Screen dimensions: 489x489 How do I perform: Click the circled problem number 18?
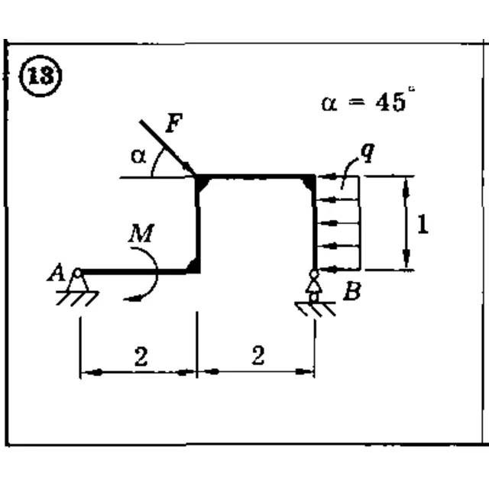[40, 76]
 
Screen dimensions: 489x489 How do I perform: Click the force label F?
[174, 123]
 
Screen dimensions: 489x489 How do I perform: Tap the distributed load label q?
[368, 153]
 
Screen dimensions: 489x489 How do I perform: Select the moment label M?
[141, 233]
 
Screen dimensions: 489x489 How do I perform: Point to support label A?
[56, 272]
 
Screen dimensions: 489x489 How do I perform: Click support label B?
[352, 291]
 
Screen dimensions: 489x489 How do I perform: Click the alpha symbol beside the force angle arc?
[138, 156]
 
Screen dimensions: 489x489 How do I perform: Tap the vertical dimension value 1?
[423, 224]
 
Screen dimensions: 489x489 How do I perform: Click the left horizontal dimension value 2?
[141, 357]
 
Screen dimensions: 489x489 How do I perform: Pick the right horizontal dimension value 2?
[258, 355]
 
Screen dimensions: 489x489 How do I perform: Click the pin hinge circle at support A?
[77, 274]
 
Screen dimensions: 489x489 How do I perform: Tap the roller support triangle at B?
[314, 287]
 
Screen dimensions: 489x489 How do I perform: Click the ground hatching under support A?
[77, 299]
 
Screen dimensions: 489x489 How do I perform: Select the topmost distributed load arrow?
[338, 176]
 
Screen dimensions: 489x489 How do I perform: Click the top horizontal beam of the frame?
[256, 177]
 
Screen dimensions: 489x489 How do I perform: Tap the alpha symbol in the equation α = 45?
[329, 104]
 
